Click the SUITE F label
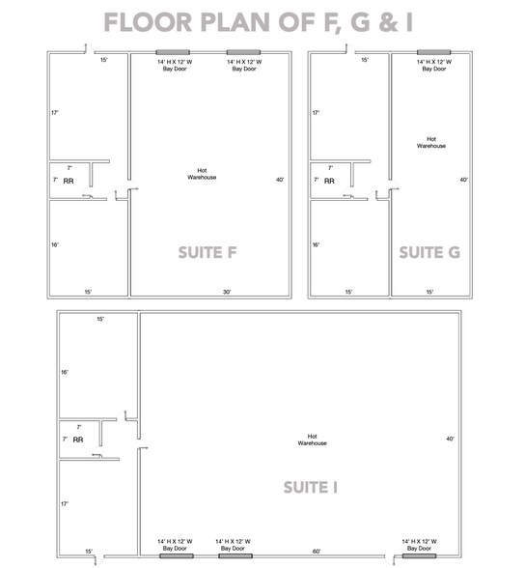(207, 253)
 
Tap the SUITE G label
(428, 252)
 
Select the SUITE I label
(310, 487)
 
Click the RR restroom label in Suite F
(69, 181)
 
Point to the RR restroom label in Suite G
(329, 181)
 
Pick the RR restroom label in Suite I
(78, 440)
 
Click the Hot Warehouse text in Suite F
(202, 175)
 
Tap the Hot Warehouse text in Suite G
(431, 142)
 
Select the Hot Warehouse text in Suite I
(312, 440)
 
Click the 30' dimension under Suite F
(227, 292)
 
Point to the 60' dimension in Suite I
(317, 552)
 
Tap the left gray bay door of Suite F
(175, 51)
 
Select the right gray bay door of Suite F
(243, 51)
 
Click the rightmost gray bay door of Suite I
(419, 556)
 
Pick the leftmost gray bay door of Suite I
(176, 556)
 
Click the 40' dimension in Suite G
(463, 180)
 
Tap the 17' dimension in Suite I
(65, 503)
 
